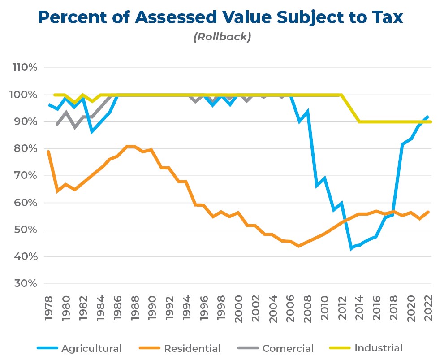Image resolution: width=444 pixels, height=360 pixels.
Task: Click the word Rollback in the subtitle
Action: [222, 37]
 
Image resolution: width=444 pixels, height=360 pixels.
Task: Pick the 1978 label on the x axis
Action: [48, 309]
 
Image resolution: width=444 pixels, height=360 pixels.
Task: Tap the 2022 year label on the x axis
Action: [428, 309]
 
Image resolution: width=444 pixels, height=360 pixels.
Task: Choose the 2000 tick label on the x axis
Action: [238, 309]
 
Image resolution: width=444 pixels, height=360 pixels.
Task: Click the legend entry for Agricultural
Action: [91, 348]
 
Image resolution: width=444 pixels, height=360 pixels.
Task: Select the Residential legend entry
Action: [192, 348]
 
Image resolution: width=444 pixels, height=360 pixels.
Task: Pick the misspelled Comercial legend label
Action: [288, 348]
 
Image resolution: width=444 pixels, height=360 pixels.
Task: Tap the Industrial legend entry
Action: [378, 348]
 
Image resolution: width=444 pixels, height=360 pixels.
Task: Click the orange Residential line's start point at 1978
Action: [48, 152]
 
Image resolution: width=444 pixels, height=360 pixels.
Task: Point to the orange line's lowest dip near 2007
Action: [299, 246]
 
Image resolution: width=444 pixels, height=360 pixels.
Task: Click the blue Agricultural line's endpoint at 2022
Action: [428, 116]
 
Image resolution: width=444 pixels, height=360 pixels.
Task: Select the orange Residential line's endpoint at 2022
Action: [428, 212]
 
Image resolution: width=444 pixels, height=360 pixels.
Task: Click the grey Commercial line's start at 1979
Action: [57, 124]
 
